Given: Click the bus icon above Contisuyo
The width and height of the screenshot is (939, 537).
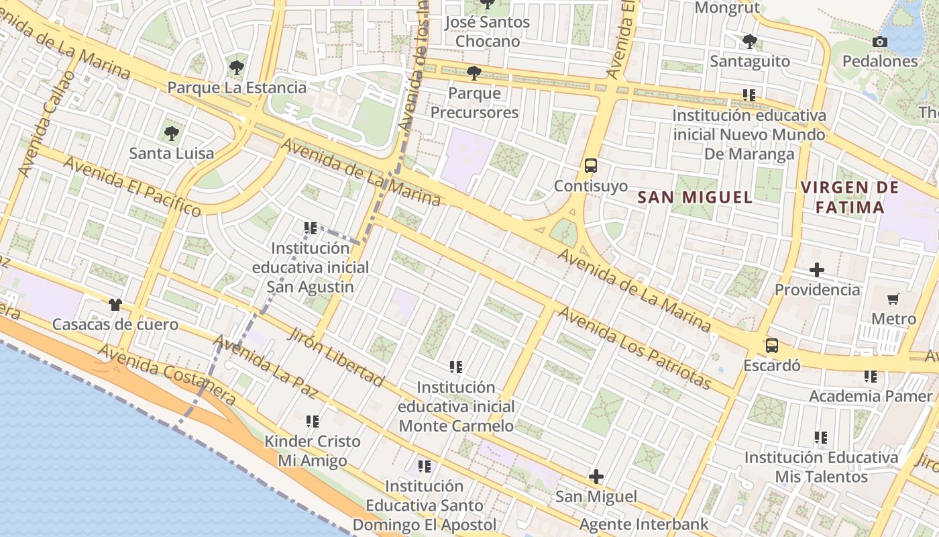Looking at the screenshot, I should tap(591, 165).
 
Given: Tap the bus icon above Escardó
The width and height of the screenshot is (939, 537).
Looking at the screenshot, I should tap(772, 346).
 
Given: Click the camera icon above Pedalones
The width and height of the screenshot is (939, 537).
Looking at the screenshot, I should tap(880, 42).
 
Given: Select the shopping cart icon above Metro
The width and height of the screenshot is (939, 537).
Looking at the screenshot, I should tap(893, 299).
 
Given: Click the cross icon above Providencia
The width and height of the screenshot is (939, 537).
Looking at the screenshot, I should tap(816, 270).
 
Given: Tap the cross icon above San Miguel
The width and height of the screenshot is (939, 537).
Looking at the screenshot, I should tap(596, 477).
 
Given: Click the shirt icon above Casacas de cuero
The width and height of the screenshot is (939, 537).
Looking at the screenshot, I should tap(115, 305).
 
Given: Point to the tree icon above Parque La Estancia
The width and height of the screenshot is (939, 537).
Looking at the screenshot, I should tap(236, 67).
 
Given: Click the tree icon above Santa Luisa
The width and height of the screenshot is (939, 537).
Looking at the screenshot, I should tap(172, 133).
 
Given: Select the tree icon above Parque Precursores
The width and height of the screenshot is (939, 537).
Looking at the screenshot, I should tap(474, 72).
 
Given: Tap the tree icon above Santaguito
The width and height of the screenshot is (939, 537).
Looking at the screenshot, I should tap(749, 42).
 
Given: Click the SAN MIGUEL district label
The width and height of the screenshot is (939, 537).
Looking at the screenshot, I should tap(695, 197).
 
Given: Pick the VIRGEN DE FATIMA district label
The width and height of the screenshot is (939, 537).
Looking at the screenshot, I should tap(850, 197).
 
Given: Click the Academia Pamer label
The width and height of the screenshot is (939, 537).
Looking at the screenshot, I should tap(871, 396).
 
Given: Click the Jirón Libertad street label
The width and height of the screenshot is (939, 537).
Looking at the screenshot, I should tap(336, 357).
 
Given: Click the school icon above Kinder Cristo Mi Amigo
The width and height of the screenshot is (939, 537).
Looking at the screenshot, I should tap(313, 422).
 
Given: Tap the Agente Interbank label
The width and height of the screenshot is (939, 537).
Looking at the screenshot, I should tap(644, 524).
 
